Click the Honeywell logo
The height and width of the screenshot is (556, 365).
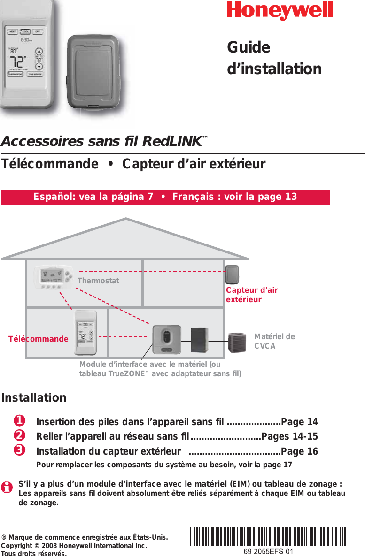(280, 11)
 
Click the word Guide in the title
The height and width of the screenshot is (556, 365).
(249, 48)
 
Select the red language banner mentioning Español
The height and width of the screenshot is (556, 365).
(165, 197)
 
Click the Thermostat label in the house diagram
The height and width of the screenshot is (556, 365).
(98, 281)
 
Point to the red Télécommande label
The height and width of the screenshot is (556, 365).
(39, 339)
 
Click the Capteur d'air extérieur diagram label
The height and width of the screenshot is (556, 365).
(251, 295)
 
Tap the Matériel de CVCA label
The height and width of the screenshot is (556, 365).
(274, 341)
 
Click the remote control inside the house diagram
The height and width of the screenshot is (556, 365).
(85, 332)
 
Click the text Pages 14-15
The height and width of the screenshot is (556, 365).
(289, 436)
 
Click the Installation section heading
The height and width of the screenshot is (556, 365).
(34, 398)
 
